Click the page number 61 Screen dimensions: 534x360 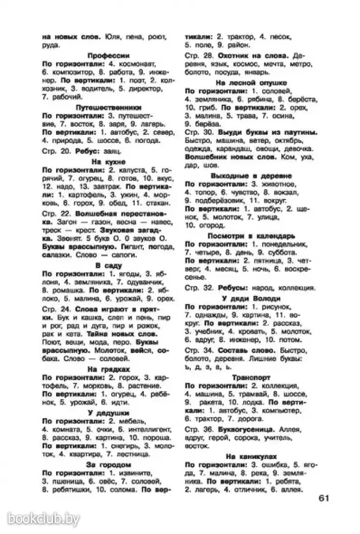tap(322, 497)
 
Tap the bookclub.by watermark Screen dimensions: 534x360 tap(43, 519)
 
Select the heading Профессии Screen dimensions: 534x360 tap(107, 55)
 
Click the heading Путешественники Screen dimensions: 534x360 tap(108, 108)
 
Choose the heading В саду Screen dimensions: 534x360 tap(108, 265)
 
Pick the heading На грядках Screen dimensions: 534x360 tap(108, 369)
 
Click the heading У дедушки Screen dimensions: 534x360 tap(108, 413)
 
